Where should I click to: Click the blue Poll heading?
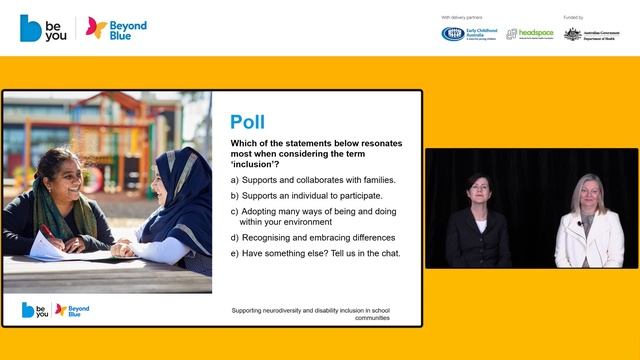tap(248, 122)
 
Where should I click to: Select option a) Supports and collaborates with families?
tap(313, 180)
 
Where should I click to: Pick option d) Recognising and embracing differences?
tap(313, 237)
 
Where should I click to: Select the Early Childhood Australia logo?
tap(466, 33)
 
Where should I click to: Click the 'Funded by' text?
tap(573, 17)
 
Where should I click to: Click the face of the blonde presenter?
tap(586, 192)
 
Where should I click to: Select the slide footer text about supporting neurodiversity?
tap(310, 314)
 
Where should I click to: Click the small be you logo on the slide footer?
tap(34, 310)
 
